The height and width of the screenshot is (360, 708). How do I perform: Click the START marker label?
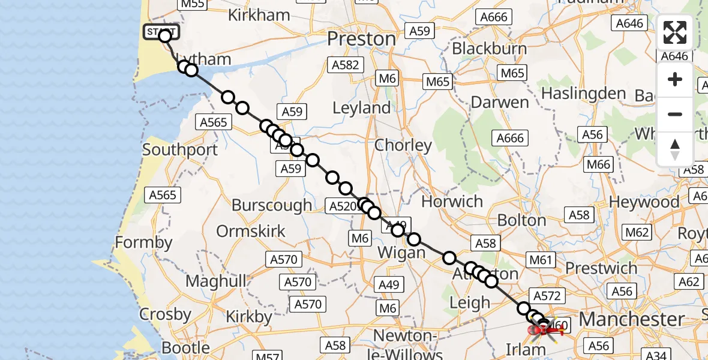160,31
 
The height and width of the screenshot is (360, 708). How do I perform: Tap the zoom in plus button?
675,79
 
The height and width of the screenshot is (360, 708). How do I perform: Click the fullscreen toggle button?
675,32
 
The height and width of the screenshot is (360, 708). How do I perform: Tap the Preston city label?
361,39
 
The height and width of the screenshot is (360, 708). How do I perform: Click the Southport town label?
180,149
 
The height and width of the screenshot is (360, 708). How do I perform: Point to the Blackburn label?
490,48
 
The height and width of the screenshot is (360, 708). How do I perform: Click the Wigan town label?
401,253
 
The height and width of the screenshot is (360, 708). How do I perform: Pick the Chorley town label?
403,145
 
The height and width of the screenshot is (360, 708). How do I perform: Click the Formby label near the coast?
143,243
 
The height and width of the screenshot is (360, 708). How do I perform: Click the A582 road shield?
344,65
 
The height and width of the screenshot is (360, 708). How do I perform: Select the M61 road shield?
539,260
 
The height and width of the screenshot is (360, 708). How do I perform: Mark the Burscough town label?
272,205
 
